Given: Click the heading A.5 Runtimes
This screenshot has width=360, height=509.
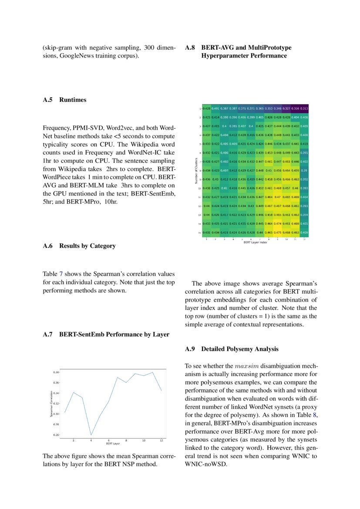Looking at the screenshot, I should click(64, 100).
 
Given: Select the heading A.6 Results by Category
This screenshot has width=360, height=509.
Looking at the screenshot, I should click(79, 246).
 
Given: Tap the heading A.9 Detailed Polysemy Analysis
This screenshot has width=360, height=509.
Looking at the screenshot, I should click(231, 349).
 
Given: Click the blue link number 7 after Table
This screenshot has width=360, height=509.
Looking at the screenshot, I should click(61, 274).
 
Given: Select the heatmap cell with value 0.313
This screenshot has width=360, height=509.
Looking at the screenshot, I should click(304, 108).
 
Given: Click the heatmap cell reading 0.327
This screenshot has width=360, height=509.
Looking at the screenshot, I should click(286, 108).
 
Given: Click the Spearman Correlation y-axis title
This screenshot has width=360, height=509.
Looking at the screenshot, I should click(51, 405).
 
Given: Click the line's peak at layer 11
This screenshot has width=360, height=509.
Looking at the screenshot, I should click(152, 372).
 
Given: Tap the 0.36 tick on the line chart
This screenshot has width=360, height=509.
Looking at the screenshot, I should click(56, 383).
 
